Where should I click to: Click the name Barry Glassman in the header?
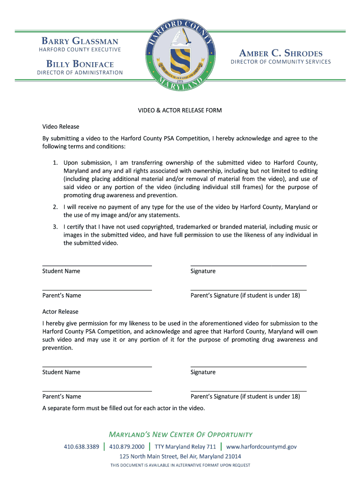(80, 42)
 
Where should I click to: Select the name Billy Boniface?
(80, 64)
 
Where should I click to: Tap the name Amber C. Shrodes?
(281, 53)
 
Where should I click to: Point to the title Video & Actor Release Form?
(180, 110)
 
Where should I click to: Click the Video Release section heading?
(61, 127)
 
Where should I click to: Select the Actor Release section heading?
(60, 312)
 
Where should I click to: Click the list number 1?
(55, 163)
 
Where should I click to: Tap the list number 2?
(55, 207)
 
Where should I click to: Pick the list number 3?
(55, 227)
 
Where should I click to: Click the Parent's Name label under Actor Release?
(62, 396)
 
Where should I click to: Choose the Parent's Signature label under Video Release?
(245, 295)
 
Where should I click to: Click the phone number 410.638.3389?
(81, 447)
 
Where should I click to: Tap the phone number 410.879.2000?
(127, 447)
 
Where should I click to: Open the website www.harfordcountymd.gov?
(261, 447)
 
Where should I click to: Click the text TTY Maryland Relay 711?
(185, 447)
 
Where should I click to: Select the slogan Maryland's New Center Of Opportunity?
(180, 434)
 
